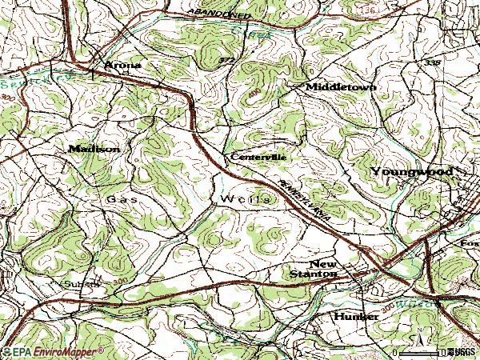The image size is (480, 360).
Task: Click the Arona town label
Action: tap(122, 65)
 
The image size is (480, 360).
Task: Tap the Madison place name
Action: tap(94, 149)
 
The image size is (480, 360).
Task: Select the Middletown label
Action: tap(339, 86)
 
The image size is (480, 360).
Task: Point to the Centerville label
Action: tap(258, 158)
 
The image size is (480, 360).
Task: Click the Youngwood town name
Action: tap(411, 172)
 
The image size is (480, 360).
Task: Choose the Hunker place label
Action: tap(355, 317)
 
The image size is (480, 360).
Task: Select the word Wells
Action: tap(242, 198)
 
